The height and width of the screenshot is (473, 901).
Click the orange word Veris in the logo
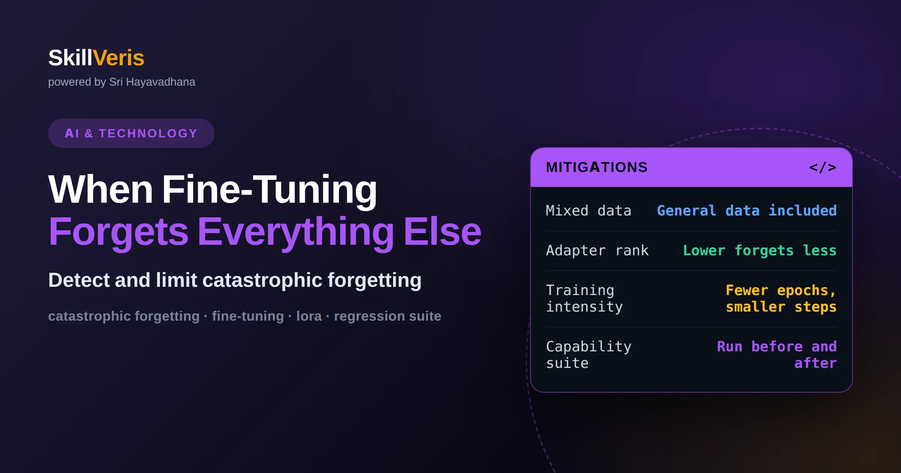point(118,58)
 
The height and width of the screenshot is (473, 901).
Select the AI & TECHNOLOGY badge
point(131,133)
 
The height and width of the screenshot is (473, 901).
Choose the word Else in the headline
point(442,232)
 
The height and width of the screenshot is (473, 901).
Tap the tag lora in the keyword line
point(309,316)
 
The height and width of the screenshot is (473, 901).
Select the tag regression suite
point(387,316)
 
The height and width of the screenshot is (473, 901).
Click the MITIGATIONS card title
point(597,167)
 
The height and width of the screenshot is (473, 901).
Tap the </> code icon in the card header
point(823,167)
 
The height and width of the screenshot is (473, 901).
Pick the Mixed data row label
point(588,211)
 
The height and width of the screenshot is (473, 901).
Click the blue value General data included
point(747,211)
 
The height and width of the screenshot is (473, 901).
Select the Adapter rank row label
point(597,250)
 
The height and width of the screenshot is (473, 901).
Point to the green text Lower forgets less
point(760,250)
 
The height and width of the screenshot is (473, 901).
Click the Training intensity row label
point(585,298)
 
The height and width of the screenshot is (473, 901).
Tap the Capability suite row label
point(589,355)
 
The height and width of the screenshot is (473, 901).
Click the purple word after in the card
point(815,363)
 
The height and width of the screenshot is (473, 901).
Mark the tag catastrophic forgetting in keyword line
point(124,316)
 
